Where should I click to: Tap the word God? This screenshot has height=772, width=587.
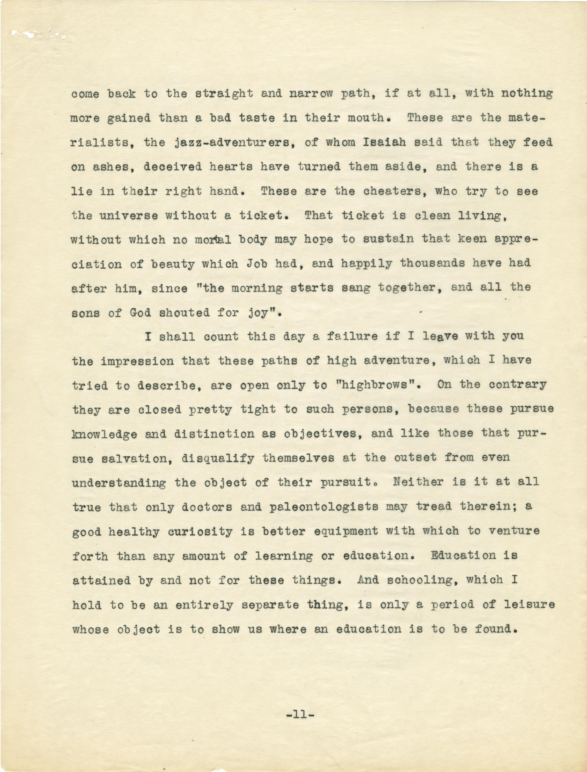point(140,312)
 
